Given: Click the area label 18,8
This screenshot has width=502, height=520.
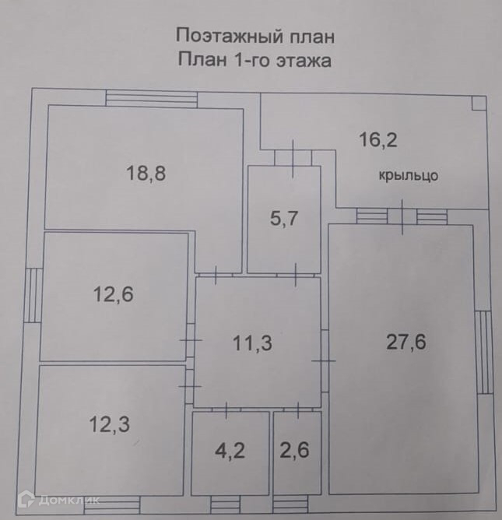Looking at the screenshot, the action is (x=146, y=174).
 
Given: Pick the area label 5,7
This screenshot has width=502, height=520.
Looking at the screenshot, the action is (x=284, y=219).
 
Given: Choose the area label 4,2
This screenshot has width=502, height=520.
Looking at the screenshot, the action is (x=230, y=451).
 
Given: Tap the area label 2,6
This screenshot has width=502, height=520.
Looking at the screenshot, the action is (x=295, y=451).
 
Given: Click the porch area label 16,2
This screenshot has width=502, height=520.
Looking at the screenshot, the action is (x=378, y=140).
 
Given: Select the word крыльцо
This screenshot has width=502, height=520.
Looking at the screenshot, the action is (x=409, y=176).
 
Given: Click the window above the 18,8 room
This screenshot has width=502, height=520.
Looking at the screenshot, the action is (x=152, y=99).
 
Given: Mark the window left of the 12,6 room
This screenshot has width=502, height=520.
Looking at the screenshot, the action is (x=33, y=296).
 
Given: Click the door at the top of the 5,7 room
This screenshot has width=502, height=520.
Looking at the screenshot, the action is (x=292, y=157).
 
